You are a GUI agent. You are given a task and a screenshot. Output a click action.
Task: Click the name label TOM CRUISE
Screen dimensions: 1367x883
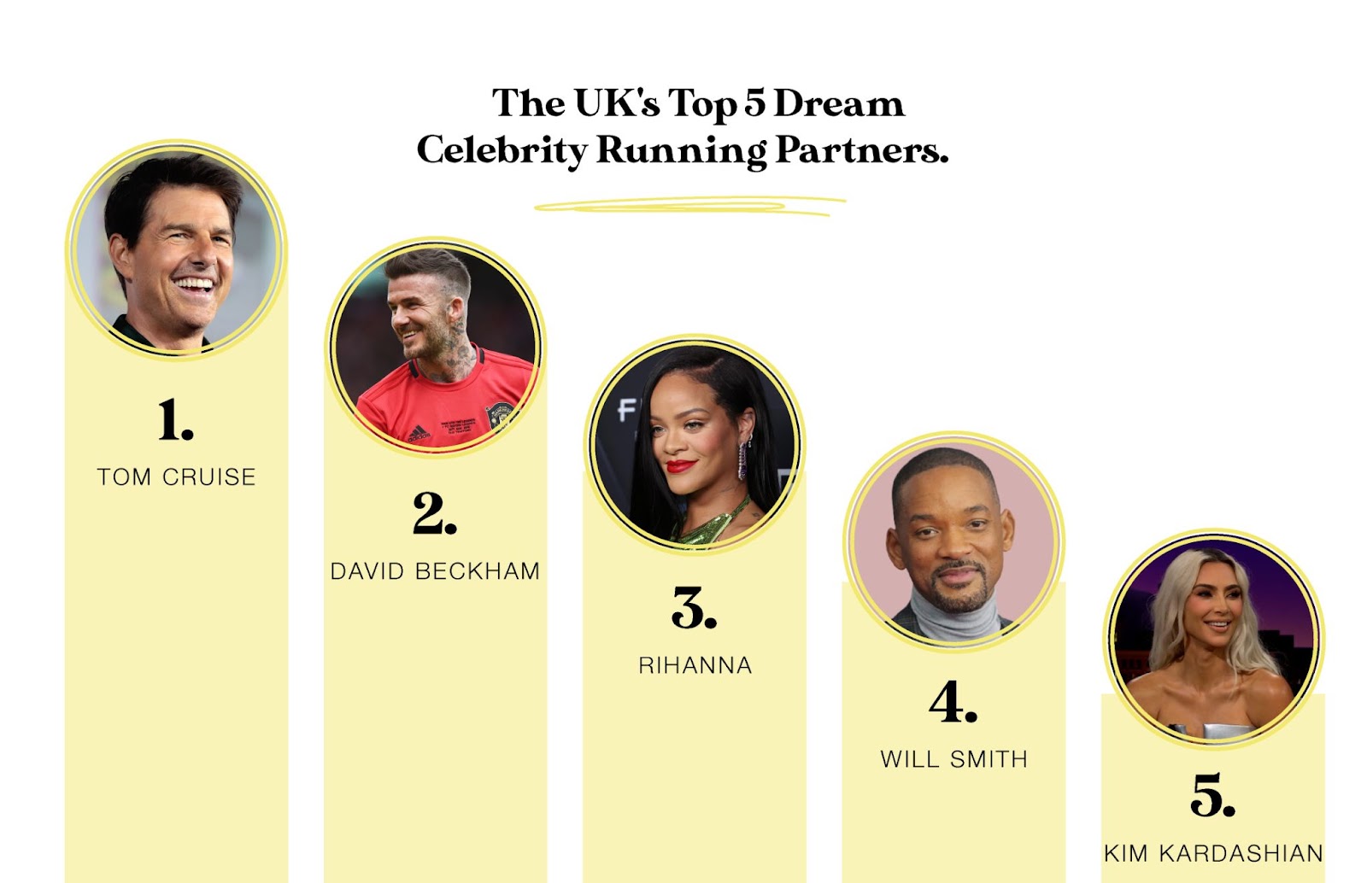pos(176,477)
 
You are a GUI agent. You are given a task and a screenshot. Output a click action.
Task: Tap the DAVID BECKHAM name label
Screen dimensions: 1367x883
pos(435,571)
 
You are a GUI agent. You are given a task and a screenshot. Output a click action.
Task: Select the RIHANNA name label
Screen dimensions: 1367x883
pos(695,665)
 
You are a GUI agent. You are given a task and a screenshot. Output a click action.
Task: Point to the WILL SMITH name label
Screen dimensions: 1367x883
pos(953,759)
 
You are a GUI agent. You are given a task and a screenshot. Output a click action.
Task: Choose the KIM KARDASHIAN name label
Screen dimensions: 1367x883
pos(1213,854)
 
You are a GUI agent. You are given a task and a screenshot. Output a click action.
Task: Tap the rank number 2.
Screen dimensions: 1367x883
pos(435,513)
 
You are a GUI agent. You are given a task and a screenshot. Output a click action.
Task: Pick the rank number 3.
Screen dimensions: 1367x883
pos(695,608)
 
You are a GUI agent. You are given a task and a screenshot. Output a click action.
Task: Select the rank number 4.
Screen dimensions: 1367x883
pos(953,702)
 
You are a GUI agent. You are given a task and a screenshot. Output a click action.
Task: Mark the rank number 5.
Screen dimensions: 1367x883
pos(1212,796)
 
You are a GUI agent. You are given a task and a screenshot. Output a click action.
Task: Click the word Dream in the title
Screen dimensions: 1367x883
pos(839,103)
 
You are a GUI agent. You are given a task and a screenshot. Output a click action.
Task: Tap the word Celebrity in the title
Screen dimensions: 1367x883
pos(502,150)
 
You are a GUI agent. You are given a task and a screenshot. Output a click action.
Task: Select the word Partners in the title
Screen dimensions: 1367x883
pos(862,150)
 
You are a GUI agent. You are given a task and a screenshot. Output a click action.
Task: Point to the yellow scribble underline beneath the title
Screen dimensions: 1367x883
pos(689,206)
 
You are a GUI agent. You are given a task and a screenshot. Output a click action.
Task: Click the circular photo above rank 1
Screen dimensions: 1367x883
pos(176,250)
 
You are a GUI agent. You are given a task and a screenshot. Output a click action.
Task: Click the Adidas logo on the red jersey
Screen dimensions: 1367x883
pos(419,434)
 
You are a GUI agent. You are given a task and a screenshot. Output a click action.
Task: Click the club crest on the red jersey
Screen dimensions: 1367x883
pos(499,415)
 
